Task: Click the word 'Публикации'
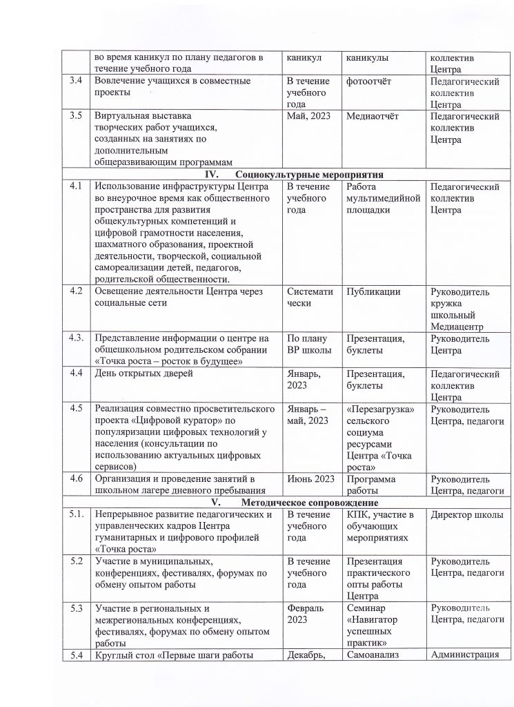click(x=375, y=291)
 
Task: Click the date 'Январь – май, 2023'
click(x=311, y=414)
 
